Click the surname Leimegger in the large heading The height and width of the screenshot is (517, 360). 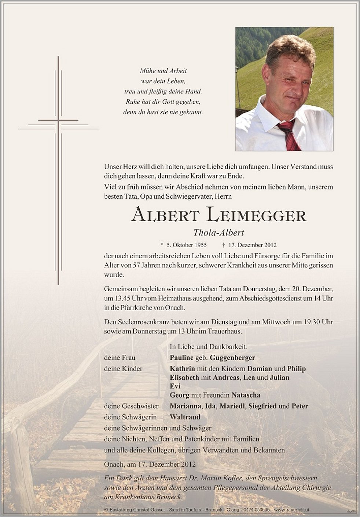pos(256,215)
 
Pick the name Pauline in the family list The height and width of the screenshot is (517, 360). pos(182,358)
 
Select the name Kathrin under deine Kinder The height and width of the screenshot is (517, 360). pos(182,369)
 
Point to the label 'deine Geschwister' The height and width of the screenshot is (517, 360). pos(131,406)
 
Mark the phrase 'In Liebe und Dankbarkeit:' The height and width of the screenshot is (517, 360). pos(209,346)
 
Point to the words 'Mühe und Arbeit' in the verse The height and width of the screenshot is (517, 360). pos(163,71)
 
